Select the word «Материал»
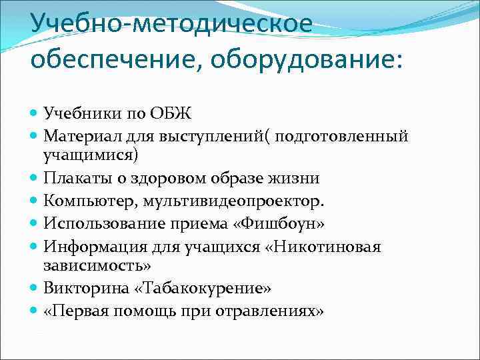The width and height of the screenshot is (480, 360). [x=77, y=137]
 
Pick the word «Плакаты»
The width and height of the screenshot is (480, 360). [x=73, y=179]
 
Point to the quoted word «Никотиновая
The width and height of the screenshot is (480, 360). [x=324, y=247]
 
